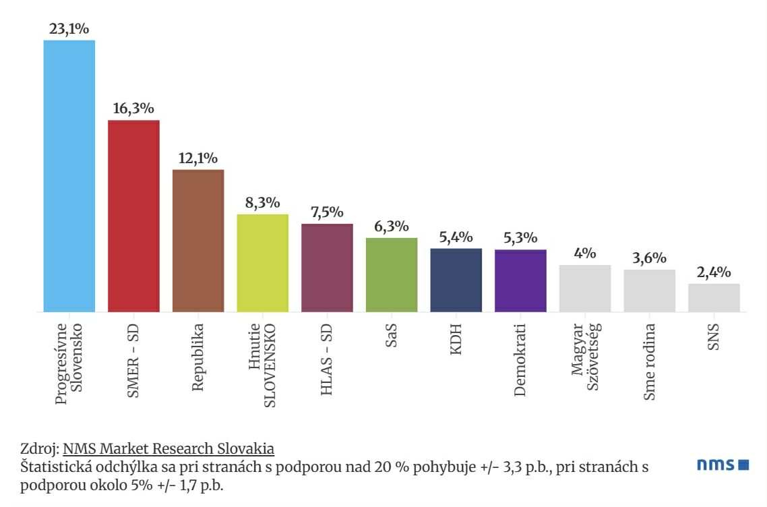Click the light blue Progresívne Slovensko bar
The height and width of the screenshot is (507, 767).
tap(69, 176)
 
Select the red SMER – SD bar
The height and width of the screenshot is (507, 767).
tap(133, 216)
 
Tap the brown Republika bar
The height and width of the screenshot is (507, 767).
tap(198, 241)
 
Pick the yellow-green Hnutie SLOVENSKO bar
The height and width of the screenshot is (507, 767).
tap(263, 264)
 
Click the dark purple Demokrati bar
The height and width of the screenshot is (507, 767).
tap(520, 281)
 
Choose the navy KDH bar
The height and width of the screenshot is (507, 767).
tap(456, 280)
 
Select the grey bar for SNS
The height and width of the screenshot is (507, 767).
tap(714, 298)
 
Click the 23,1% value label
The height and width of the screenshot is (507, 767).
tap(69, 29)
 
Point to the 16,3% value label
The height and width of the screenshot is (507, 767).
tap(133, 108)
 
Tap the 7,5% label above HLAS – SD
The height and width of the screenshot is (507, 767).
tap(328, 212)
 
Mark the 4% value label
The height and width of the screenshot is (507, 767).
tap(585, 253)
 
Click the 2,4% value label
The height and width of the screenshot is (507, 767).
tap(714, 272)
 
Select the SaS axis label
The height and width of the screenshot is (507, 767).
tap(391, 335)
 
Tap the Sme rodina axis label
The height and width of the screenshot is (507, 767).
tap(649, 361)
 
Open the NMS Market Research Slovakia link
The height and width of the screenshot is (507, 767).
tap(168, 449)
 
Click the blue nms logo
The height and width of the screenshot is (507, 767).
tap(723, 464)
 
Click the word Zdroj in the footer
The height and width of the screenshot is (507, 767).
tap(38, 449)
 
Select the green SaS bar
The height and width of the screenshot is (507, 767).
tap(392, 275)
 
